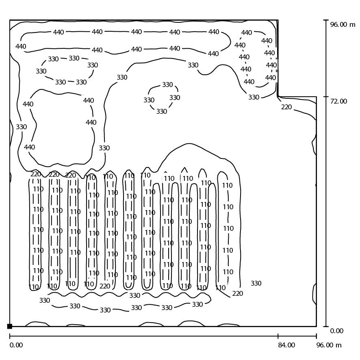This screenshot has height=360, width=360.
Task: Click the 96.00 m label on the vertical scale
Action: [343, 24]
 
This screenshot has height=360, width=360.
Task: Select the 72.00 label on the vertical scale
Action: [338, 101]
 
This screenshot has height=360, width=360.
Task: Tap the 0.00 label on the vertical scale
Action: [336, 331]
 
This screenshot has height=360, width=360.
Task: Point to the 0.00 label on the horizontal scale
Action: [16, 345]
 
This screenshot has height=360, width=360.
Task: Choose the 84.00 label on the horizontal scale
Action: [286, 345]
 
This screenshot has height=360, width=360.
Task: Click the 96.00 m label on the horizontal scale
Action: [329, 345]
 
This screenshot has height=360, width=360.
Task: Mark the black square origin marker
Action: [10, 326]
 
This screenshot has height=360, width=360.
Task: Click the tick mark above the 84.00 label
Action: [278, 336]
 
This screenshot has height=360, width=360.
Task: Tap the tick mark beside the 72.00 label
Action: [326, 97]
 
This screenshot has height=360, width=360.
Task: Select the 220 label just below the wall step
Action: [286, 107]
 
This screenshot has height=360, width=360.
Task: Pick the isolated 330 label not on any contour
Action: [256, 283]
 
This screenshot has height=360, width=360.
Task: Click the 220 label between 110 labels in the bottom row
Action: [105, 286]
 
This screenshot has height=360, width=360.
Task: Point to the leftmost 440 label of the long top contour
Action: [21, 46]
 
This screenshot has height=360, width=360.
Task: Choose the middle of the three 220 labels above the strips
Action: [54, 174]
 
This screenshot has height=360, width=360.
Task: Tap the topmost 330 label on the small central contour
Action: [167, 85]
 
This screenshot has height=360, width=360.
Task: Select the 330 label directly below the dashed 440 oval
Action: [254, 97]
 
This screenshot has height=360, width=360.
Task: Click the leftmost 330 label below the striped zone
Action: [45, 300]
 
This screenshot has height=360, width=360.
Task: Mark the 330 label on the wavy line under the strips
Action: [134, 295]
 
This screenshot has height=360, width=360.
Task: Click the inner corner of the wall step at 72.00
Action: [278, 97]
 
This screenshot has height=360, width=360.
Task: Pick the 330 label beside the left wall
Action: [22, 127]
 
